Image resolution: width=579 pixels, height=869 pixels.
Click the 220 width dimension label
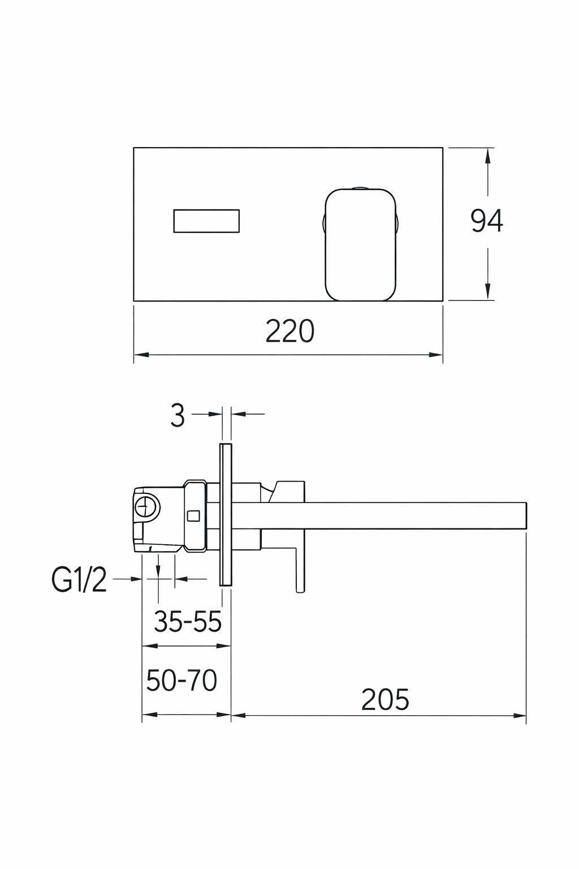(289, 332)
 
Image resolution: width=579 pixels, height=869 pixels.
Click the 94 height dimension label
(487, 221)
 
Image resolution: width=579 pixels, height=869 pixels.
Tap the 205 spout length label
(385, 699)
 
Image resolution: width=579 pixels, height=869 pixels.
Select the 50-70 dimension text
(182, 680)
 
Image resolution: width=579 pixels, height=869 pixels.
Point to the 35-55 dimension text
(188, 621)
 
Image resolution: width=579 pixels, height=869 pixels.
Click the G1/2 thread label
(79, 581)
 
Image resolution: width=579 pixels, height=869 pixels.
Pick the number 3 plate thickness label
(178, 415)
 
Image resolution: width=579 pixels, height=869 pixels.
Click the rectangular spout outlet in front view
(206, 221)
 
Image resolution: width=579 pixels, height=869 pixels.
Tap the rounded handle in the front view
(361, 245)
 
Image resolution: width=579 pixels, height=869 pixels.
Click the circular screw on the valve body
(147, 507)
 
